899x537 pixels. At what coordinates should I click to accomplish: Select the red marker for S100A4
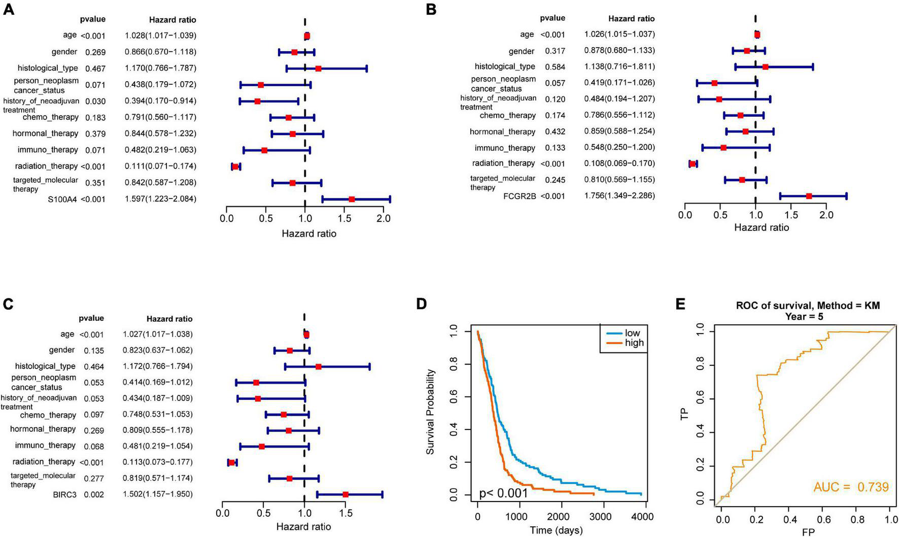(352, 199)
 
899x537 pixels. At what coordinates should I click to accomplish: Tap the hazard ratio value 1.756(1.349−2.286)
(619, 196)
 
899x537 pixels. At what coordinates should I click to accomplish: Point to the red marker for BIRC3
(345, 494)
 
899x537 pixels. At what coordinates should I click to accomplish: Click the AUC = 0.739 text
(851, 488)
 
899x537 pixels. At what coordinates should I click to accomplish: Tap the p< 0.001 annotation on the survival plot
(504, 493)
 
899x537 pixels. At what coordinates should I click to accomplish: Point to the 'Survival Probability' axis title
(431, 412)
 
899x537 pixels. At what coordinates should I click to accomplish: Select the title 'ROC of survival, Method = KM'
(808, 306)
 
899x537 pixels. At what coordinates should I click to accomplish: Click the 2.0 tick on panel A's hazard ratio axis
(384, 219)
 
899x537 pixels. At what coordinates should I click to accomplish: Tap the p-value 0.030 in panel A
(95, 101)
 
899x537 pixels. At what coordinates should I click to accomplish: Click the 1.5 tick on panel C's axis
(346, 513)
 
